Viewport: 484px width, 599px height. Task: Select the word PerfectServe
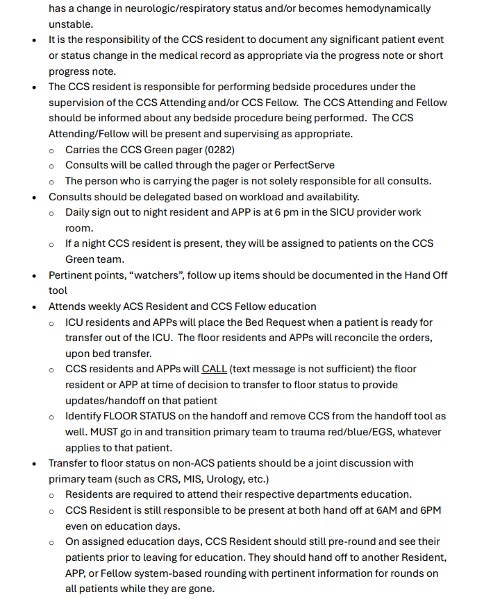click(304, 165)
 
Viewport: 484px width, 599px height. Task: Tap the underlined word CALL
click(215, 369)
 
